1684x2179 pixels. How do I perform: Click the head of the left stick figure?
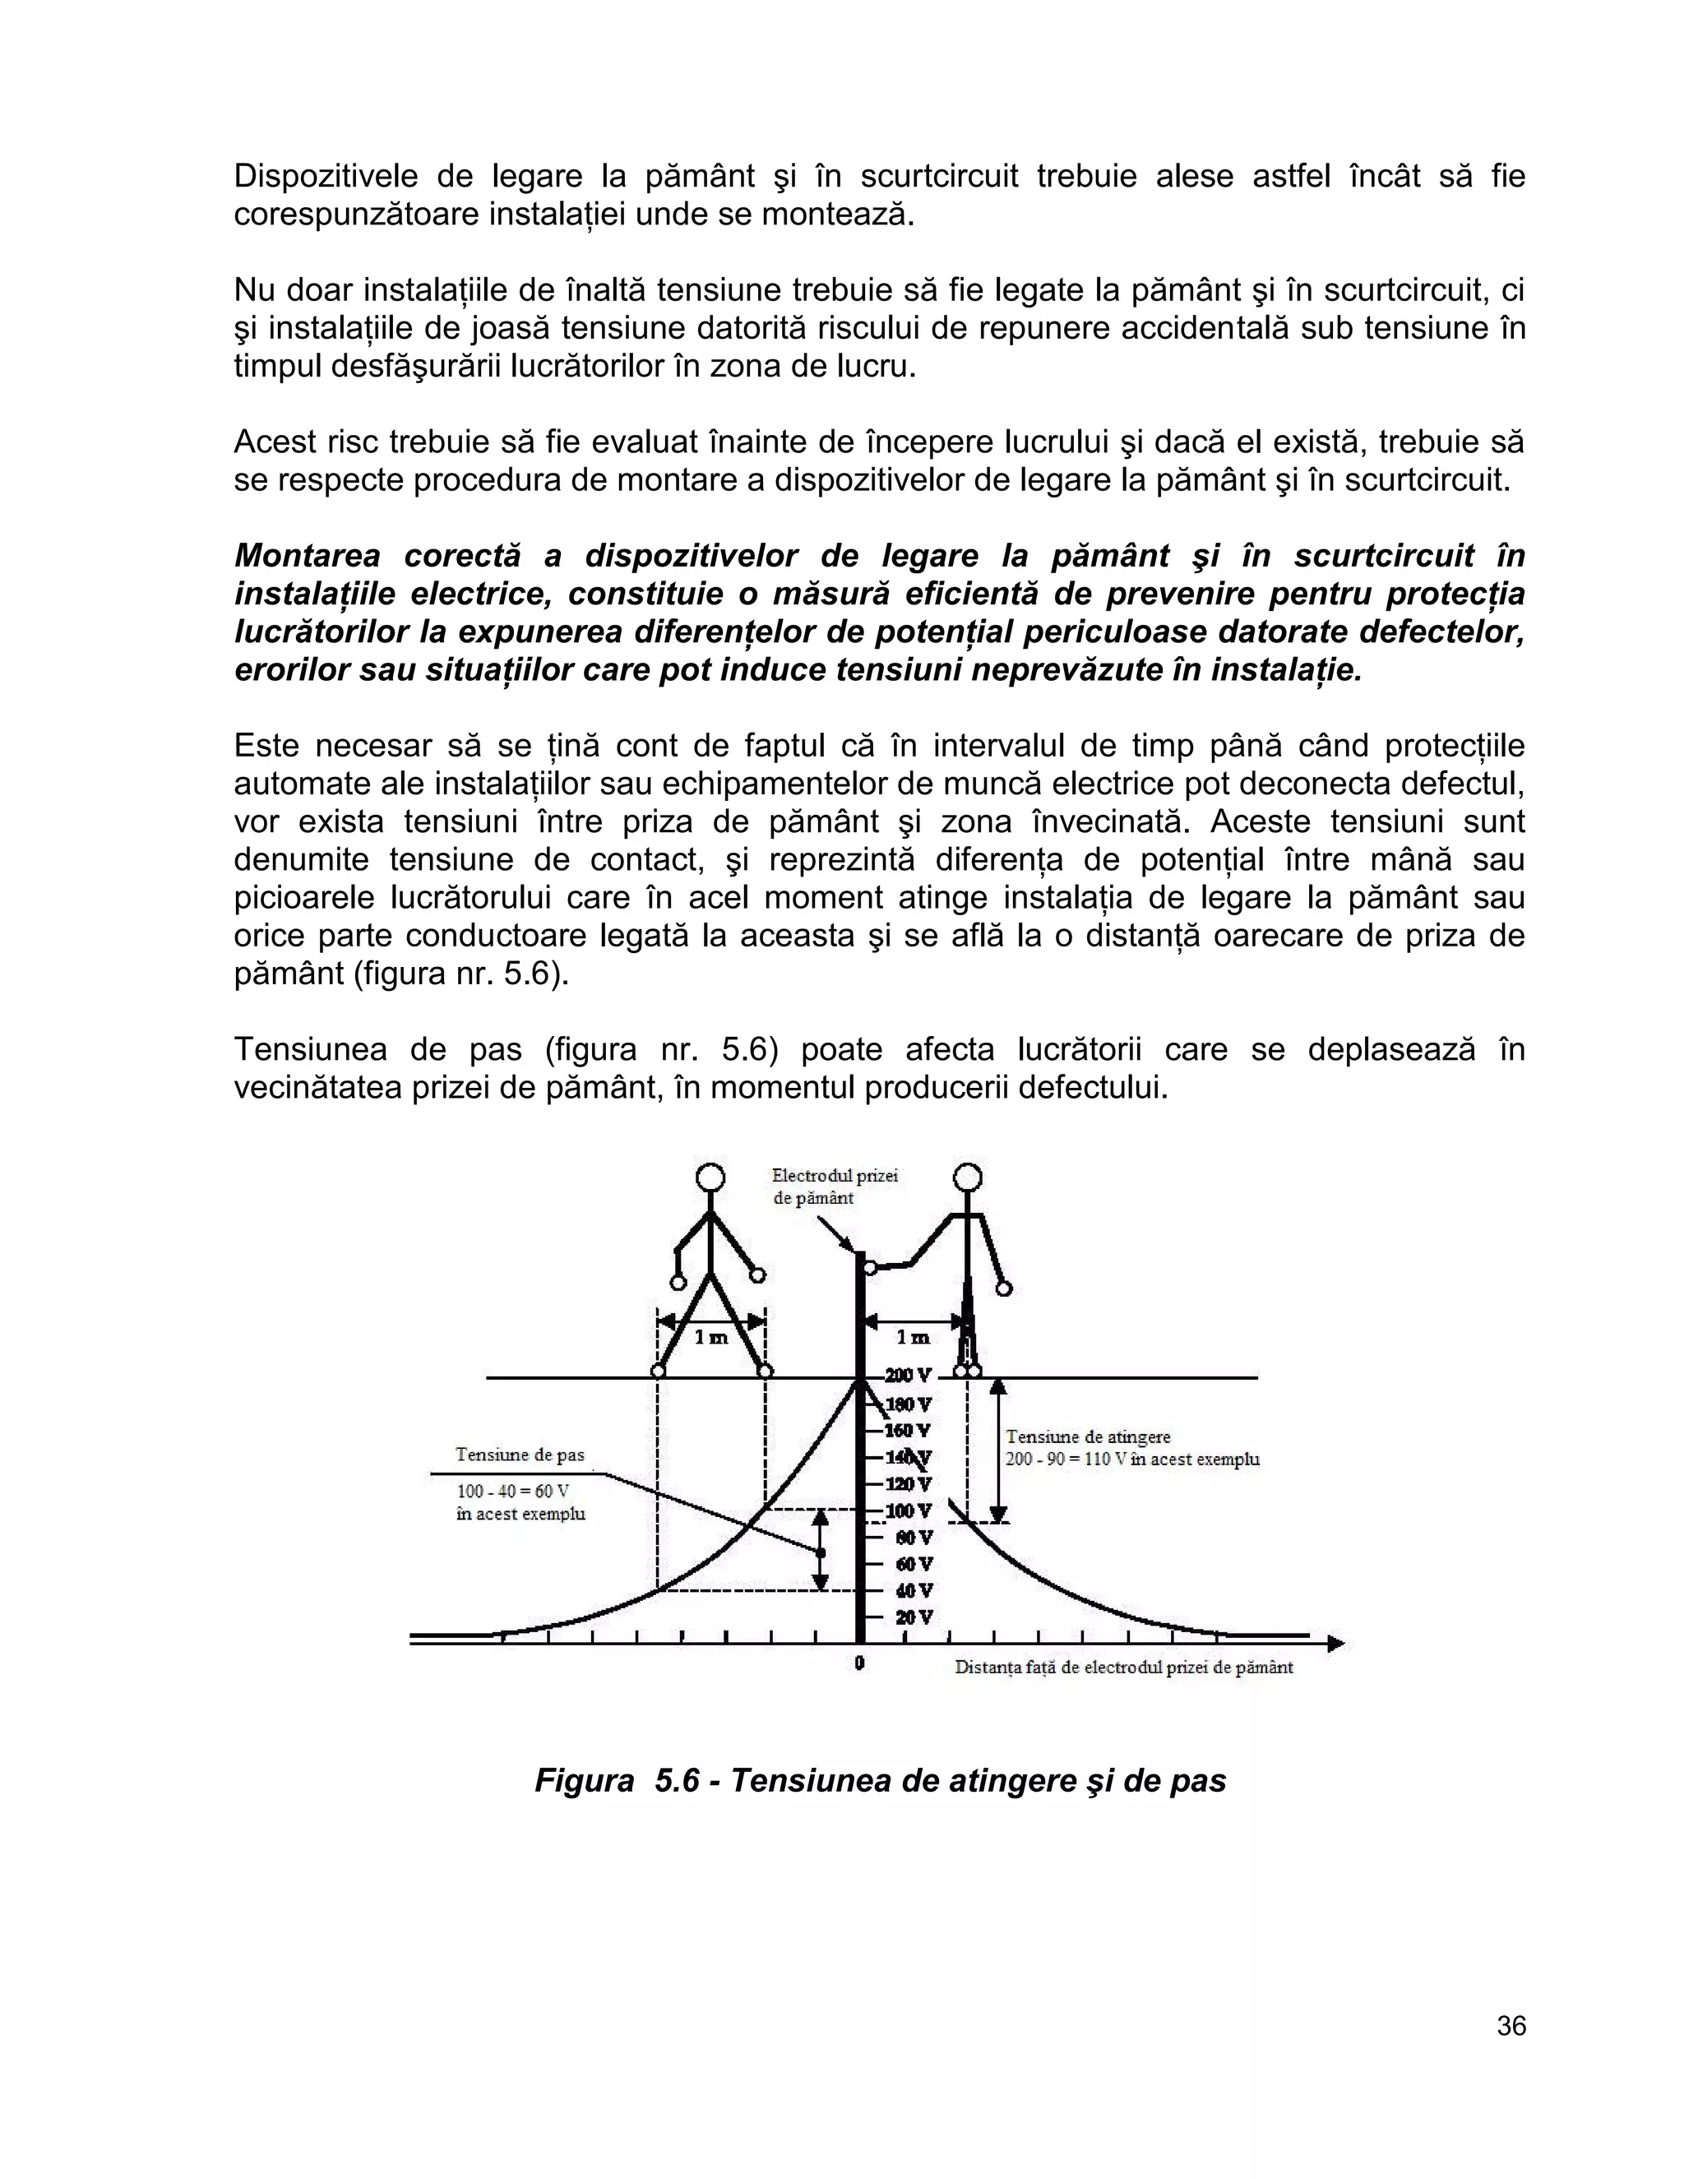710,1178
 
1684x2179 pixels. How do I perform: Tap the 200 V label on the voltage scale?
908,1376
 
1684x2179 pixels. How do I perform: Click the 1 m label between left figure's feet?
711,1337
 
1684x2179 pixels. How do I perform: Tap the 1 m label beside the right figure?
913,1337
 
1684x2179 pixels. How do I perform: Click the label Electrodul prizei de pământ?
835,1187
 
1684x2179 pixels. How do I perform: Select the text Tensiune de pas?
520,1455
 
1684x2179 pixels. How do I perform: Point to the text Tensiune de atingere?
1087,1436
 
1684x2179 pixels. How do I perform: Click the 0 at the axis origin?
859,1663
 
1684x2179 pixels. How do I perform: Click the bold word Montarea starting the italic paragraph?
305,556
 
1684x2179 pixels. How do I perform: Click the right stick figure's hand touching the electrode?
869,1267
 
